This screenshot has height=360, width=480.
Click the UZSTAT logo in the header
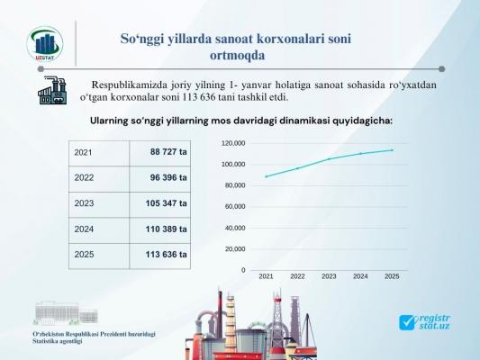click(45, 44)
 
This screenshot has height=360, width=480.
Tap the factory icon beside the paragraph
click(52, 91)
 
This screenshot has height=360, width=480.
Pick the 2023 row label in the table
click(84, 203)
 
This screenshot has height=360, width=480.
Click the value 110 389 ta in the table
click(166, 229)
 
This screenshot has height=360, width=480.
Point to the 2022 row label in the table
click(84, 177)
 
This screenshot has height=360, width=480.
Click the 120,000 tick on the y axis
click(233, 143)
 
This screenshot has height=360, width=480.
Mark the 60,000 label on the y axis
click(235, 207)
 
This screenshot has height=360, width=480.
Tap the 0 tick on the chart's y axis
click(243, 270)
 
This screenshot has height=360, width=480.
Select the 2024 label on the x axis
click(360, 276)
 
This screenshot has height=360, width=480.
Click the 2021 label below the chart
click(266, 276)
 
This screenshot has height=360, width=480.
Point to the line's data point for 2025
click(392, 150)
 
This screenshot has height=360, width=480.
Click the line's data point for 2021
click(266, 176)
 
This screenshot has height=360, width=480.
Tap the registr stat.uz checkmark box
click(407, 323)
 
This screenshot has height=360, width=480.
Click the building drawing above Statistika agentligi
click(66, 313)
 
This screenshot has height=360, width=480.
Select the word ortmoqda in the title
click(237, 56)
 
